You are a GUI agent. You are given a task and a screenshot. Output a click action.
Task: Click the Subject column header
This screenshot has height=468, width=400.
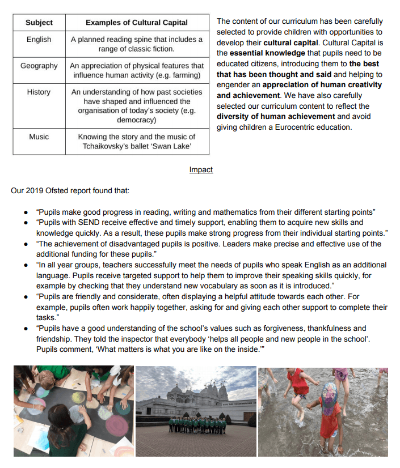(39, 23)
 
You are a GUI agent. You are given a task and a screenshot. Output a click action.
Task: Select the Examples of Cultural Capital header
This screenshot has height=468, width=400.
(137, 23)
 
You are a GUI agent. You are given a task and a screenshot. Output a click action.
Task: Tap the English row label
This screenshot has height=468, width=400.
(39, 40)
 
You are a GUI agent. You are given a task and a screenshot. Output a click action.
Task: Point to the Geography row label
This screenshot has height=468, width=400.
(39, 66)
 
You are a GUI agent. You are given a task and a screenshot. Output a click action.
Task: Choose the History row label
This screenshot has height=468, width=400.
(39, 92)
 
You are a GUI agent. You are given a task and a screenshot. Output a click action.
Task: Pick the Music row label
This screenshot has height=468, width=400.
(39, 137)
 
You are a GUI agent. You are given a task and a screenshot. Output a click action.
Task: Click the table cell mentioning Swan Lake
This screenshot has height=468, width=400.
(137, 142)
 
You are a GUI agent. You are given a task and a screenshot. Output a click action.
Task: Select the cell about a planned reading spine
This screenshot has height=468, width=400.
(137, 45)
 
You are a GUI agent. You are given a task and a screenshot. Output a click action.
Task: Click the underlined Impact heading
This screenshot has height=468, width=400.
(201, 169)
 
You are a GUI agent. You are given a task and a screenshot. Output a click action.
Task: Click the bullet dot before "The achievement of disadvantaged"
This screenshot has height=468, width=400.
(26, 244)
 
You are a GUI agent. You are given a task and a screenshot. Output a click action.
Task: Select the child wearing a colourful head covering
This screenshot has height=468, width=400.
(330, 397)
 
